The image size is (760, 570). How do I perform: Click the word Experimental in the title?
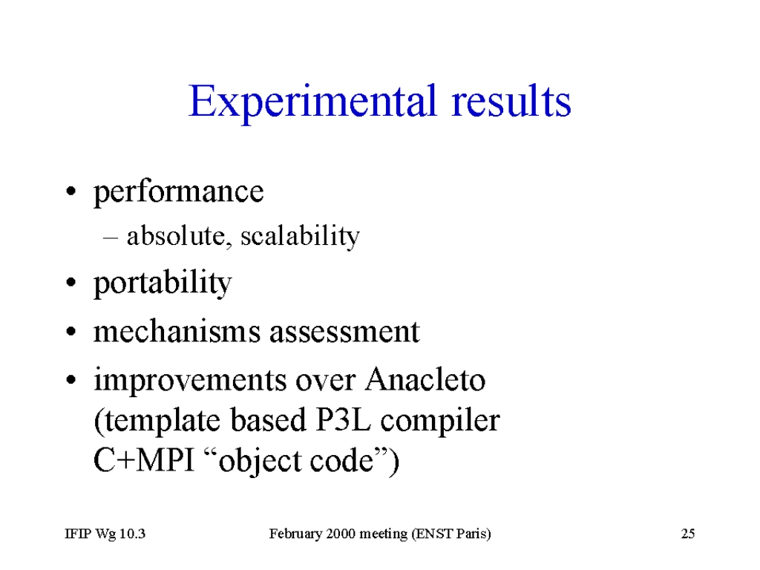click(x=312, y=102)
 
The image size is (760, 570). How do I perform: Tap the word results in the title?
click(x=511, y=101)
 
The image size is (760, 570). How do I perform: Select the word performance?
click(x=178, y=192)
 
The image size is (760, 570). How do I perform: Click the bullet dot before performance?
click(x=71, y=191)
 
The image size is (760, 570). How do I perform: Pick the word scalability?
click(x=300, y=237)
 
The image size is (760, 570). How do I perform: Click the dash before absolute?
click(x=111, y=238)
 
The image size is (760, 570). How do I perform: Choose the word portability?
click(x=163, y=283)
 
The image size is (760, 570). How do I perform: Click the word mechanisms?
click(x=177, y=332)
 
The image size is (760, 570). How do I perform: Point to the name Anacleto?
click(x=425, y=379)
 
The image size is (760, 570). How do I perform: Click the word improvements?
click(x=191, y=381)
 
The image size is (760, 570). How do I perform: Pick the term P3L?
click(x=343, y=420)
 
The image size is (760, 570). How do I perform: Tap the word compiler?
click(x=439, y=422)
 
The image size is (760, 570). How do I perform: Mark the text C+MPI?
click(x=143, y=460)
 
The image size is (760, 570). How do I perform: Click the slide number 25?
click(x=688, y=534)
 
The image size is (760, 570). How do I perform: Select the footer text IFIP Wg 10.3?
click(x=105, y=534)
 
